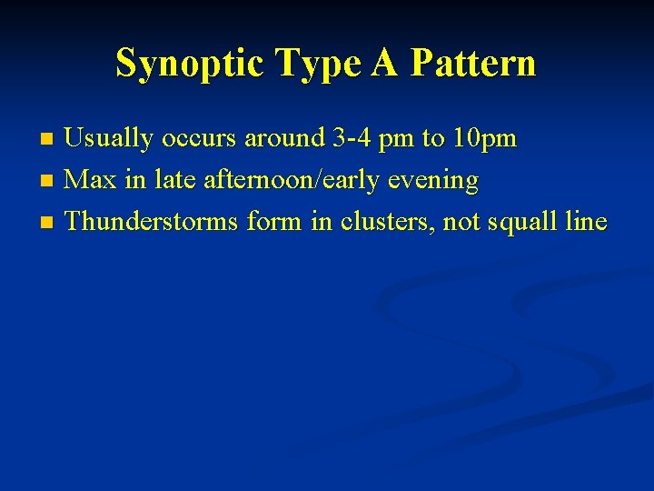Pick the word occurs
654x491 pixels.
click(196, 139)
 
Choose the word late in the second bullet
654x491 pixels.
click(176, 180)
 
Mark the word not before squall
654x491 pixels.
click(462, 221)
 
